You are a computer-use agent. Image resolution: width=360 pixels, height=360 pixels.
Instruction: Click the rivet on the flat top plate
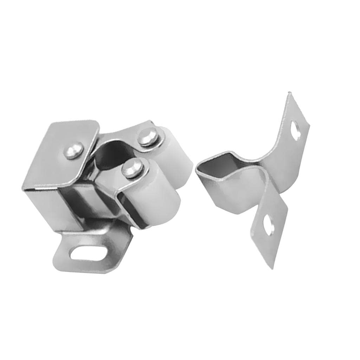point(74,150)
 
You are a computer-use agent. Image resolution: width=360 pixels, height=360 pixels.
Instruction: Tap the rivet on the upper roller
point(148,137)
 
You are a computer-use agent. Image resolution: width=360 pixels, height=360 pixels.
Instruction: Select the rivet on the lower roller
point(133,168)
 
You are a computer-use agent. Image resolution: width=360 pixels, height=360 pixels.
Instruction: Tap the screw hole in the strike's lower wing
point(269,225)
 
